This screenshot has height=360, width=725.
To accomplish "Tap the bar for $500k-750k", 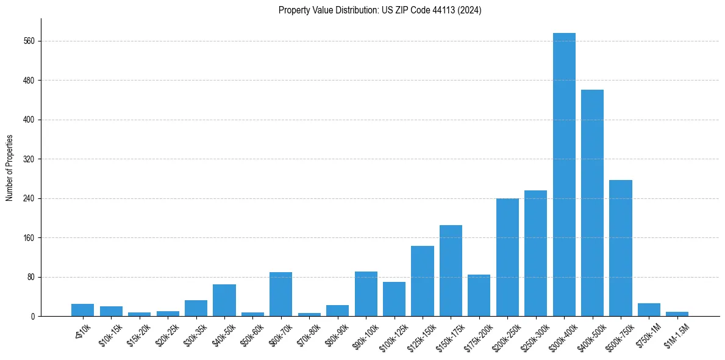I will click(621, 248).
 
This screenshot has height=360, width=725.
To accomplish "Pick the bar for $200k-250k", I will click(507, 257).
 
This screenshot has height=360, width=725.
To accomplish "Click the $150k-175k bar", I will click(451, 271).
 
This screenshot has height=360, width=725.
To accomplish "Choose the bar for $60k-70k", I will click(280, 294).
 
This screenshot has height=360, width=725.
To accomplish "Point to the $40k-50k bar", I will click(224, 300).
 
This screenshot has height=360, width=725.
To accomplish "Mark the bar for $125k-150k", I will click(423, 281).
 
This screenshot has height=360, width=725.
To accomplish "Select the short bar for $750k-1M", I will click(649, 310).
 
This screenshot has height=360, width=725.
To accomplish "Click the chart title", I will click(380, 10).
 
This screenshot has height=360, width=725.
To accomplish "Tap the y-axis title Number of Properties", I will click(10, 168).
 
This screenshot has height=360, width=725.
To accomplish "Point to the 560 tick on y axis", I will click(29, 41).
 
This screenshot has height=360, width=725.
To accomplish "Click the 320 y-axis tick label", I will click(29, 159).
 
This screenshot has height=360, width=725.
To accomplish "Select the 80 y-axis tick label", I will click(31, 277).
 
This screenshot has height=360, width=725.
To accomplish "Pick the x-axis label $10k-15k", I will click(111, 333).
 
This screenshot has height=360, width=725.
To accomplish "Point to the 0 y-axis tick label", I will click(33, 317).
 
